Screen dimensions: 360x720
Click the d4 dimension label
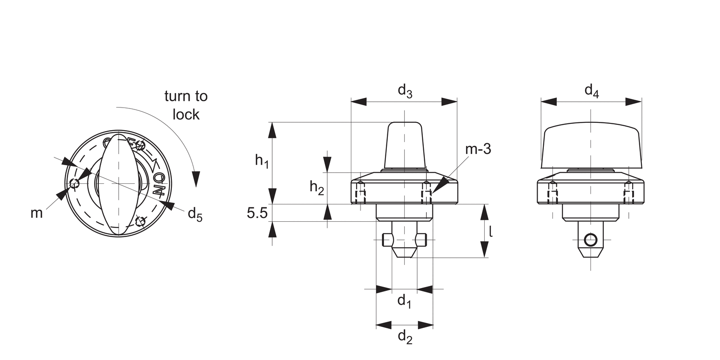coord(591,91)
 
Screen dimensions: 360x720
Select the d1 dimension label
coord(404,302)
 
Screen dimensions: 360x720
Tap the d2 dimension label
coord(405,338)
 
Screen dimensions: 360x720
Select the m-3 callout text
coord(478,149)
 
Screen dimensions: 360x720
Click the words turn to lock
coord(186,105)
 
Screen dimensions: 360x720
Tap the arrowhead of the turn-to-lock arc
coord(195,178)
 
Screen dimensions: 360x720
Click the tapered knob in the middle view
coord(405,145)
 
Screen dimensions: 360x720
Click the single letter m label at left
coord(37,213)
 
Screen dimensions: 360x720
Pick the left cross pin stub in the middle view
coord(387,240)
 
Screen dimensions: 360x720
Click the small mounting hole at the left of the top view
coord(74,183)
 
